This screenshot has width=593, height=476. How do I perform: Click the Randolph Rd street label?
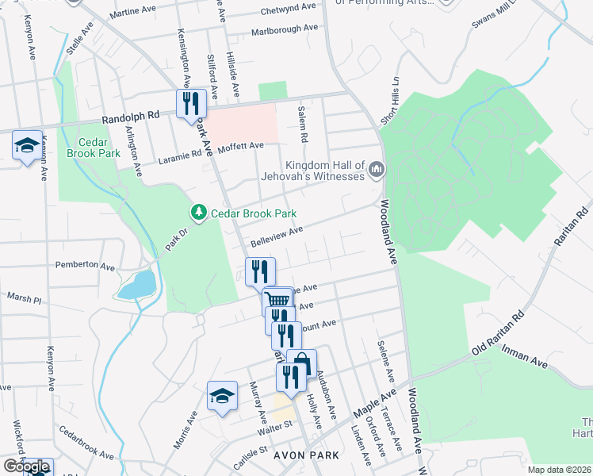click(131, 115)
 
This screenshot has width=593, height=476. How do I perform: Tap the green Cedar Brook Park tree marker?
click(197, 213)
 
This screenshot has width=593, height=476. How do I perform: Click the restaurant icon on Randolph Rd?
click(191, 103)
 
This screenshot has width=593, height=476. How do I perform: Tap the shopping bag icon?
click(301, 363)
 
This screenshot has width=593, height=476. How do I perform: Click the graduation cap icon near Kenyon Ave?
click(26, 145)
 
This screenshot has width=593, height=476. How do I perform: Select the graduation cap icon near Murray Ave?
click(222, 396)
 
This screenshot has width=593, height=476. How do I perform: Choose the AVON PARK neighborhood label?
click(306, 456)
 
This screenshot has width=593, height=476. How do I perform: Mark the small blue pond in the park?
click(136, 284)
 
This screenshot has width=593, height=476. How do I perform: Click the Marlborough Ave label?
click(284, 29)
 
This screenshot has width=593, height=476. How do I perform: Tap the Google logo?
click(27, 466)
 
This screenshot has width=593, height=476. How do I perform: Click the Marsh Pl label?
click(24, 299)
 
